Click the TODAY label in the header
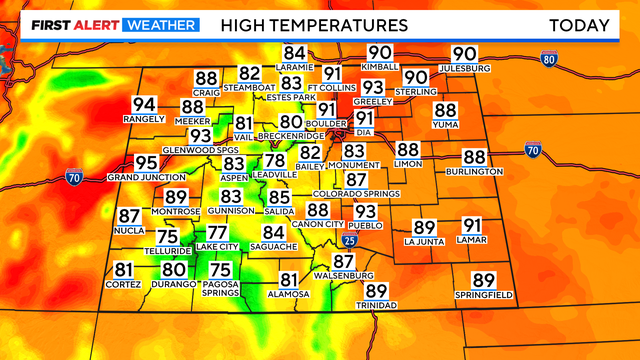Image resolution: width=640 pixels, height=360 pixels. click(579, 24)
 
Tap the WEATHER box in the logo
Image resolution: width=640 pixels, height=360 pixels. click(160, 24)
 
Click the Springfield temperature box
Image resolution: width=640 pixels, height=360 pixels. click(483, 281)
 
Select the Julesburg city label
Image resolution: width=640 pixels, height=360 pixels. click(464, 68)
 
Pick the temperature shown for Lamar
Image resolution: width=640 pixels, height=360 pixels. click(472, 226)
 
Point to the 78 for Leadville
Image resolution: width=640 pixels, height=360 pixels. click(274, 161)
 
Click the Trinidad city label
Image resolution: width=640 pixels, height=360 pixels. click(376, 304)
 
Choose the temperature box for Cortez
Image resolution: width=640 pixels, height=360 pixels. click(123, 269)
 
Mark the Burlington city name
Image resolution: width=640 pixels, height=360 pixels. click(474, 171)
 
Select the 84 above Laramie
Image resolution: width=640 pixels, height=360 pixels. click(294, 53)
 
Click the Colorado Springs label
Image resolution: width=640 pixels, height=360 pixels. click(349, 193)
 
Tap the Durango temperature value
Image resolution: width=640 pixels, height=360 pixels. click(174, 269)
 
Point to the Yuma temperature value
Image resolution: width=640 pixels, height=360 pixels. click(445, 111)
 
